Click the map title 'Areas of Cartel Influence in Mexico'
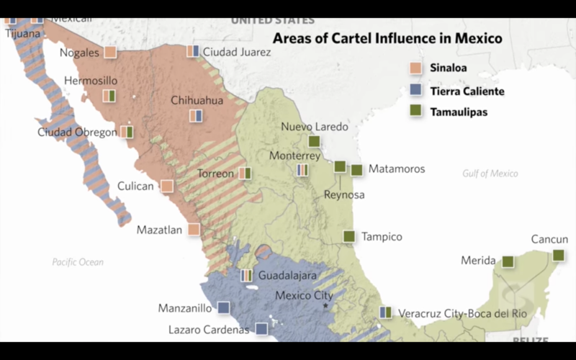coord(387,38)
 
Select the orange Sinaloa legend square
coord(415,69)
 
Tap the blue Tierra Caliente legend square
coord(415,91)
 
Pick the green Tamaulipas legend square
coord(415,112)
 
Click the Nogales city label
coord(79,53)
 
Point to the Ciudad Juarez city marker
coord(193,51)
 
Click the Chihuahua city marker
coord(196,116)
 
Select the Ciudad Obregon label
coord(77,132)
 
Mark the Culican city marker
coord(167,186)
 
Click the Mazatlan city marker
coord(194,230)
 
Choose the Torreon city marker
coord(245,173)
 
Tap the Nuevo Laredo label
coord(314,127)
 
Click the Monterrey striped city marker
coord(303,170)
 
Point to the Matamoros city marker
coord(356,170)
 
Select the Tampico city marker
coord(349,236)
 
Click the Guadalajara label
coord(287,275)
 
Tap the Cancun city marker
coord(559,255)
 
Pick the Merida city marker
coord(508,262)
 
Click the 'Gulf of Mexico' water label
coord(490,174)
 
